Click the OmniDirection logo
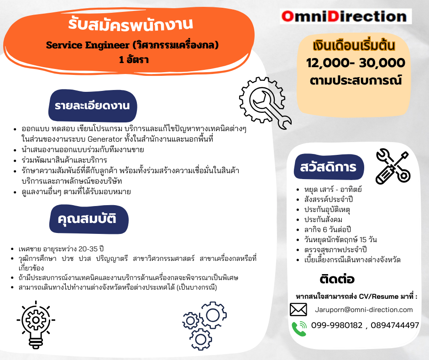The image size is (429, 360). [345, 16]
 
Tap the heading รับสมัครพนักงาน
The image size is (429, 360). [131, 24]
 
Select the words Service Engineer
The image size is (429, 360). [88, 45]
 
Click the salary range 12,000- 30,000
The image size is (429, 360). [356, 63]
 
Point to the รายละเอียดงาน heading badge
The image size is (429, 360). [93, 106]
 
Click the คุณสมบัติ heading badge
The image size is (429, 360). [89, 219]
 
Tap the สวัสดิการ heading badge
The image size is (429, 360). [329, 167]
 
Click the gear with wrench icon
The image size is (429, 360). [264, 103]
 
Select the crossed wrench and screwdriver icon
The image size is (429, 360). [393, 167]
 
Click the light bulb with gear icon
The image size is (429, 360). [36, 325]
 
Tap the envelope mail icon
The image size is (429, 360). [298, 310]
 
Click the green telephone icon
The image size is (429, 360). [299, 328]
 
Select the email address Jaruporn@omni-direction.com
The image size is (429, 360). [364, 310]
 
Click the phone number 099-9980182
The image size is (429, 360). [337, 325]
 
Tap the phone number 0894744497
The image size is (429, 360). [395, 325]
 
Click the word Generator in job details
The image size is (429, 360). [105, 139]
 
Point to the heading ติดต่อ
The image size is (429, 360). [337, 279]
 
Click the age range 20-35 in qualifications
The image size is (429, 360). [88, 249]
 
